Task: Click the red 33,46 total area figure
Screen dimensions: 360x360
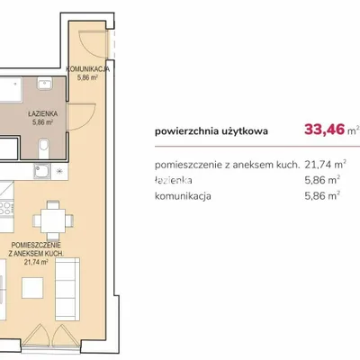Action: coord(324,130)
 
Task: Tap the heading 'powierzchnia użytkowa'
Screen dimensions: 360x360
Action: coord(211,131)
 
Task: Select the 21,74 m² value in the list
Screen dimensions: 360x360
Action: coord(326,165)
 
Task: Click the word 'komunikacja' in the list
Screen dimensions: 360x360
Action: coord(183,196)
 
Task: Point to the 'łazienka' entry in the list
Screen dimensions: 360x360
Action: coord(174,180)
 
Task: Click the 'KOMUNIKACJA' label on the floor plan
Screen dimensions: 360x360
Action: coord(88,69)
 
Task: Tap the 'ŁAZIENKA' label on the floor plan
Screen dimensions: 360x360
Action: coord(43,114)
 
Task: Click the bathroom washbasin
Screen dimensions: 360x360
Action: coord(45,83)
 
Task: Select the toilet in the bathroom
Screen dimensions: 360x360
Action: coord(44,148)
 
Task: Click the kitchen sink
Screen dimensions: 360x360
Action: coord(41,172)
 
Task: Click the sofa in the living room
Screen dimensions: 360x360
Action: coord(67,290)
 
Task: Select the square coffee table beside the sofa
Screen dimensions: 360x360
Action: coord(32,288)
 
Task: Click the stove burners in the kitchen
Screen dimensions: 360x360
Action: coord(6,208)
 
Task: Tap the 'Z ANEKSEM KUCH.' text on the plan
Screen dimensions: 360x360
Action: coord(36,254)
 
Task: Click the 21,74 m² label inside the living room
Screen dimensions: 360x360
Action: coord(36,262)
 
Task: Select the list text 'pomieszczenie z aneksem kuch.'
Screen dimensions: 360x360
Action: coord(227,165)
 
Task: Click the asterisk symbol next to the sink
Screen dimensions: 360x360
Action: coord(59,172)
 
